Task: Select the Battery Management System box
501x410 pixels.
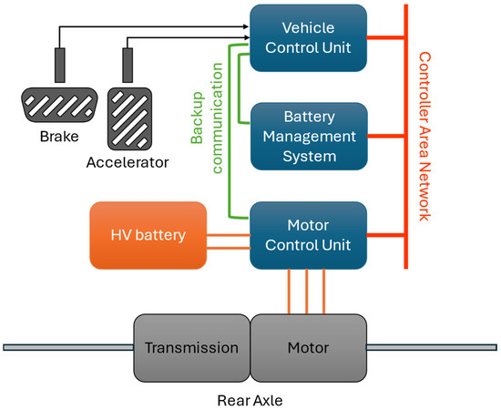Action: [308, 135]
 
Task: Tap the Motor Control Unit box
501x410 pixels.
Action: [308, 234]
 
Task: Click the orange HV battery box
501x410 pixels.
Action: [149, 235]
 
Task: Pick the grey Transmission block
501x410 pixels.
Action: [192, 347]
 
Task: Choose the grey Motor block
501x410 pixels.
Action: [309, 347]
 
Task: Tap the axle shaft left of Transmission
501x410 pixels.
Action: [68, 347]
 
